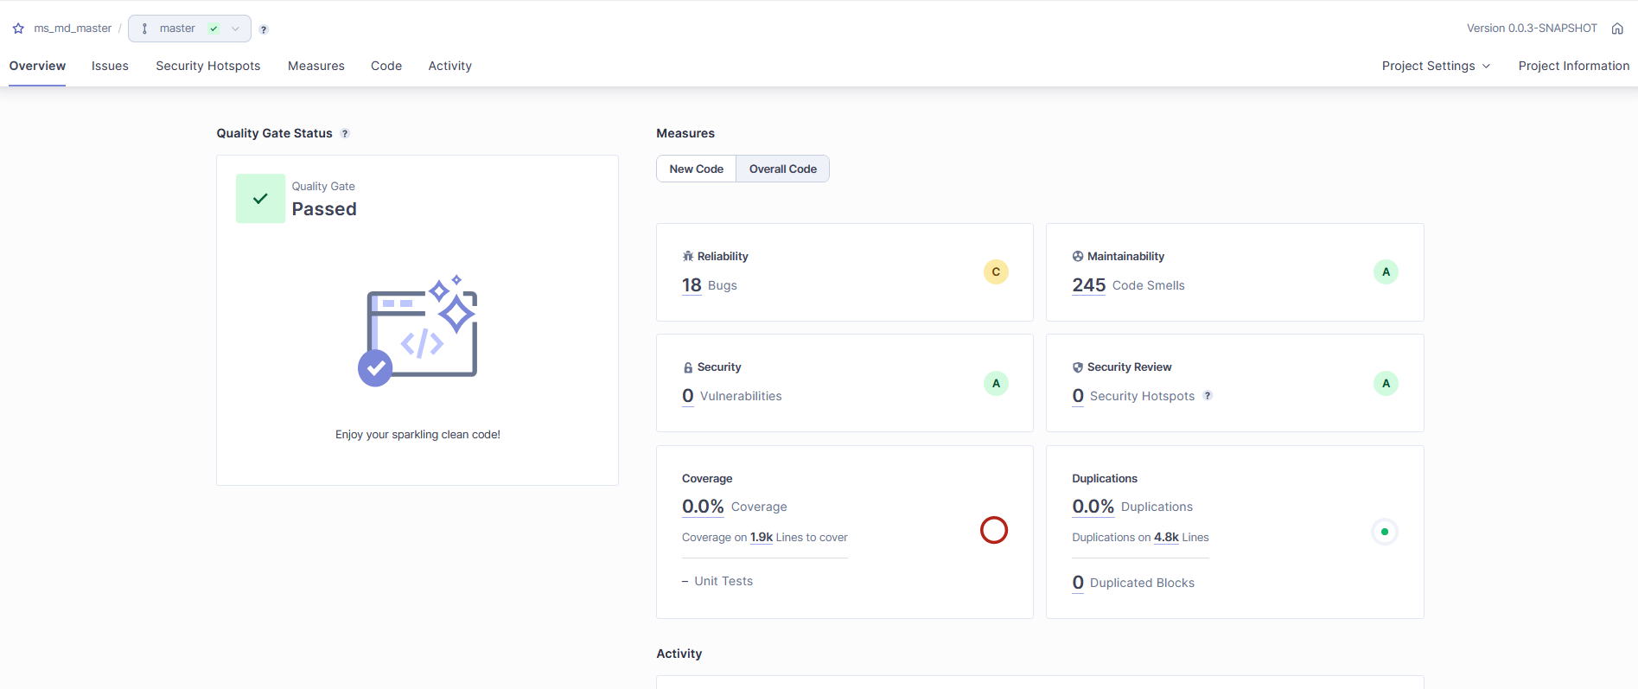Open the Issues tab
(x=110, y=66)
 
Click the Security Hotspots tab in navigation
(x=207, y=66)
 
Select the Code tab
(x=386, y=66)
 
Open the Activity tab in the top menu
(x=449, y=66)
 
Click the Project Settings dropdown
(x=1436, y=66)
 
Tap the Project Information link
(x=1573, y=66)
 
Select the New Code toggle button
(x=696, y=169)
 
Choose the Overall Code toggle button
(x=782, y=169)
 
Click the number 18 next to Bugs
(x=692, y=285)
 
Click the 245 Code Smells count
(x=1088, y=285)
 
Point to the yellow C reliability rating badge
(x=996, y=272)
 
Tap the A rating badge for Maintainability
(x=1386, y=272)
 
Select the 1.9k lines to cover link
(x=762, y=537)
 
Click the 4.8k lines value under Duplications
(x=1166, y=537)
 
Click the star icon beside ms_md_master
(x=18, y=29)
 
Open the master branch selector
(x=189, y=29)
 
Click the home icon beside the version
(x=1617, y=29)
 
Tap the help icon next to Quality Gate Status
(x=345, y=133)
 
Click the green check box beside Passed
(x=260, y=199)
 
